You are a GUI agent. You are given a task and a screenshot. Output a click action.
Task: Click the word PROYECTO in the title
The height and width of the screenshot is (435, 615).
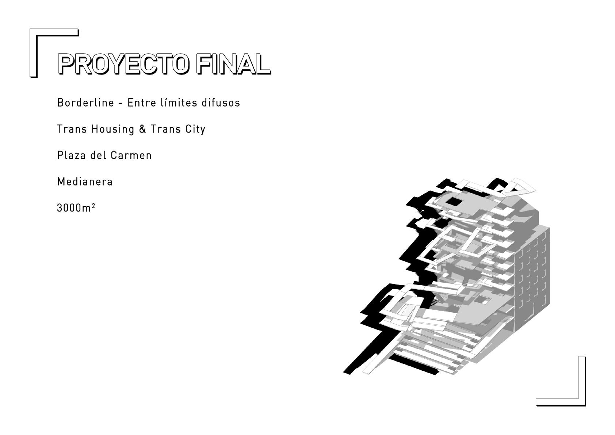(123, 64)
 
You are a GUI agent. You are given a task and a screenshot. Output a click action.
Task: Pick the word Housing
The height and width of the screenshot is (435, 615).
(113, 129)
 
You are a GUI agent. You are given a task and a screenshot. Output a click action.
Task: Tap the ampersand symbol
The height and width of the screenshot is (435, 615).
(142, 129)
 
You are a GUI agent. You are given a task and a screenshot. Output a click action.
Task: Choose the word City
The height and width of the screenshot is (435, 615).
(195, 129)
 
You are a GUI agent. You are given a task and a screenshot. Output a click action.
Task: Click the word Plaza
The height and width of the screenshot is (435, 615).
(71, 155)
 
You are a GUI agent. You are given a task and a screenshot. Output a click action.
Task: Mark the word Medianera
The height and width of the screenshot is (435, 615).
(85, 182)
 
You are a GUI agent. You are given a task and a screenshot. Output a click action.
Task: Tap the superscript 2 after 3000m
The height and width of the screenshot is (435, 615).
(93, 206)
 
